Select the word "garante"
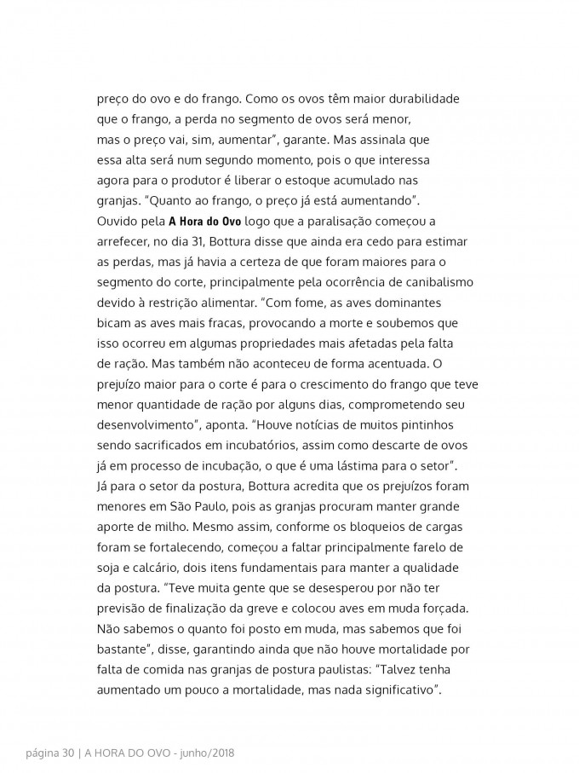305,140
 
